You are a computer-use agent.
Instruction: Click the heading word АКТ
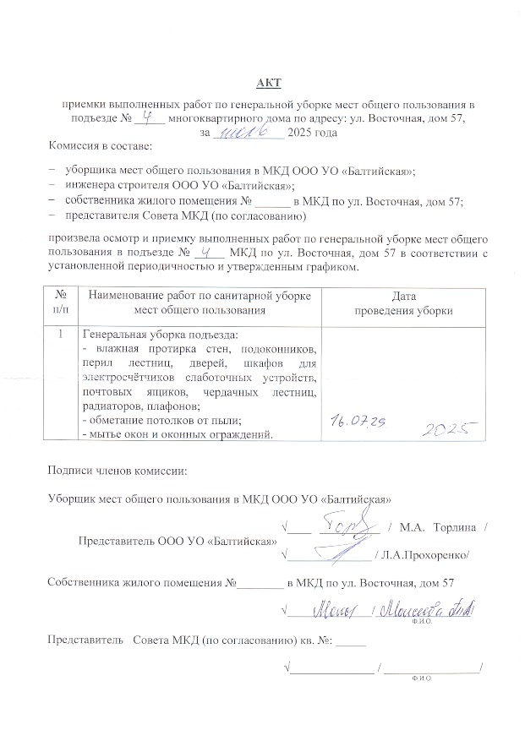pos(268,82)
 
